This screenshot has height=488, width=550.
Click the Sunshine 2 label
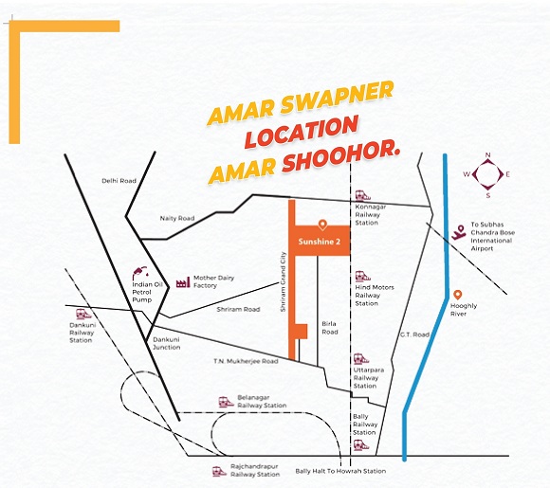pos(320,242)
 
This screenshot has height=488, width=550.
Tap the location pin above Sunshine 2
pos(322,225)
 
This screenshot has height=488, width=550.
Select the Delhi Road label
pos(119,181)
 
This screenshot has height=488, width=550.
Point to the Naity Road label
pos(177,218)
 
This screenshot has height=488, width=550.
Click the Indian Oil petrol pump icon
pos(140,273)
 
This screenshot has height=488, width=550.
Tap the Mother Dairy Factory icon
pos(183,282)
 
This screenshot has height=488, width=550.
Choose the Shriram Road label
pos(238,310)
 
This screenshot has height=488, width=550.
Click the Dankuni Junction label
pos(167,344)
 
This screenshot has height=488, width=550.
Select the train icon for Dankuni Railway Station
pos(83,314)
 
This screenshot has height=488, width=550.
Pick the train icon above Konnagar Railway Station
pos(362,195)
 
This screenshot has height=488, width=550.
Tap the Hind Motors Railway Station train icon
pos(362,277)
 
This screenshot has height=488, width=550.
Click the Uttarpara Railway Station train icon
pos(361,358)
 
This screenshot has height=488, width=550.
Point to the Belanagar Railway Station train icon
pos(227,402)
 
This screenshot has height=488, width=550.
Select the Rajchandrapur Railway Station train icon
pos(220,471)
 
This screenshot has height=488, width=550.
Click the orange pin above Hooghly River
pos(457,295)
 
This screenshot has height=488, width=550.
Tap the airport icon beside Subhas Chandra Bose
pos(458,232)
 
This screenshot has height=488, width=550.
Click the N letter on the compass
pos(487,155)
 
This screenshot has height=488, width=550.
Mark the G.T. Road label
pos(415,334)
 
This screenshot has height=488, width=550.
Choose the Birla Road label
pos(330,328)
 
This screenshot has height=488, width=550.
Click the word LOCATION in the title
pos(302,132)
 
